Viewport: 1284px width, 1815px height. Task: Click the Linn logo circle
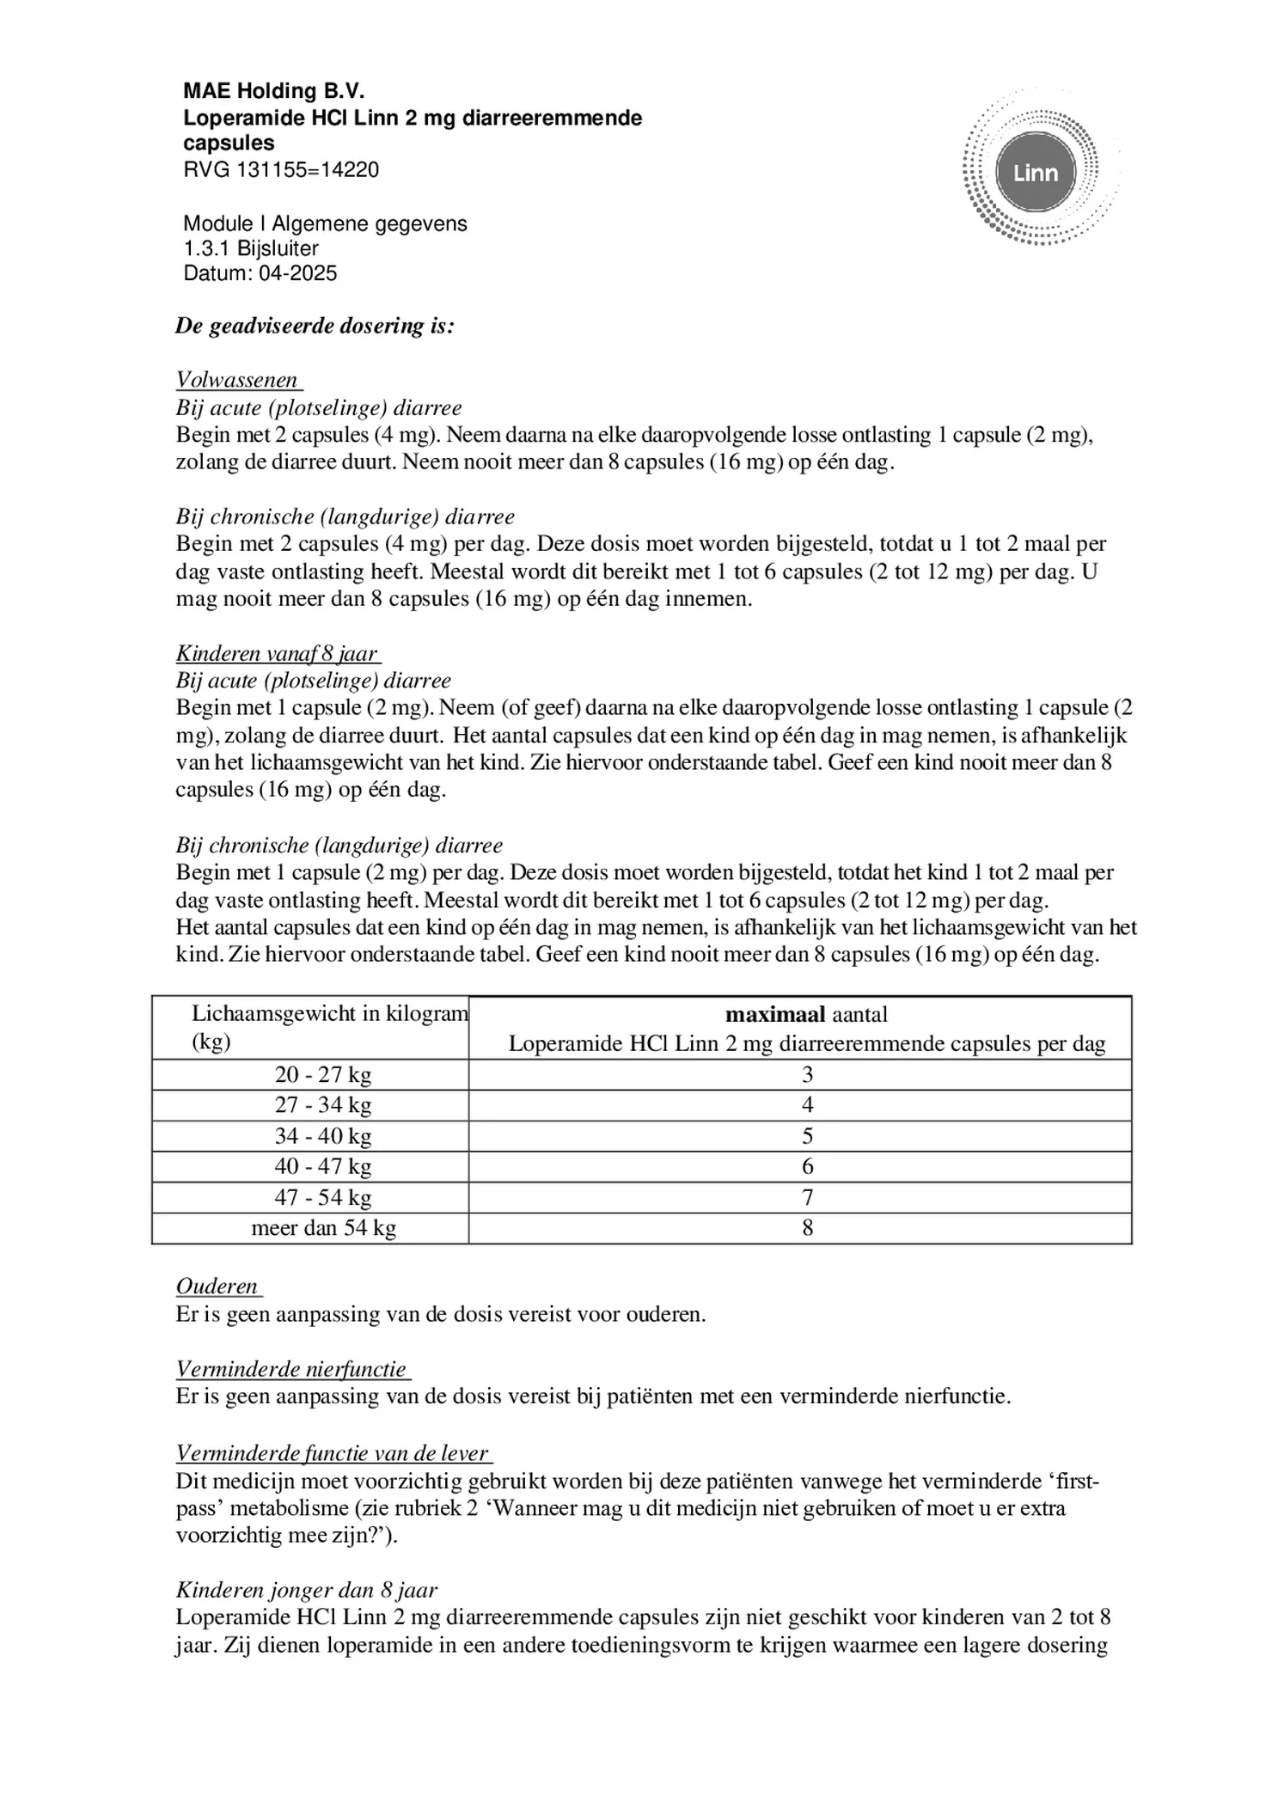point(1035,173)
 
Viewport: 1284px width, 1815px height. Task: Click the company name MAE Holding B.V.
point(274,91)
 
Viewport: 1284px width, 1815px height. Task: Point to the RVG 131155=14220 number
point(281,169)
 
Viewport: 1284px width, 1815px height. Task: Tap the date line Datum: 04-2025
point(260,273)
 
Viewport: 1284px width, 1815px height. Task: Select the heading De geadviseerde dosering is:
point(315,326)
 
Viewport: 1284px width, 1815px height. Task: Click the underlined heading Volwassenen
point(237,380)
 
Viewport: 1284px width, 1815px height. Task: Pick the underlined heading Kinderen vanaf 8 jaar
point(277,653)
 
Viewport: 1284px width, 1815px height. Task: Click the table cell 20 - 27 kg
point(323,1074)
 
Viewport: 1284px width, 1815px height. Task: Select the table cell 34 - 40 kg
point(323,1135)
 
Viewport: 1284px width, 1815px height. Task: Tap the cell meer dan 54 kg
point(323,1227)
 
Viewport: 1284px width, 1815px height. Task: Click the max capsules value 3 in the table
point(807,1074)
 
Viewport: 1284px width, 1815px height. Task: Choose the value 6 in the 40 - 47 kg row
point(807,1166)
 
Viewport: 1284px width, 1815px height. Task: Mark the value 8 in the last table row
point(807,1227)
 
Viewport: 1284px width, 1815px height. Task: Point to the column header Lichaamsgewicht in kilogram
point(329,1014)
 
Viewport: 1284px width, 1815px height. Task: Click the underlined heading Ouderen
point(217,1286)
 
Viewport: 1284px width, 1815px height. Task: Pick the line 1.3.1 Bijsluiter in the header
point(251,248)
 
